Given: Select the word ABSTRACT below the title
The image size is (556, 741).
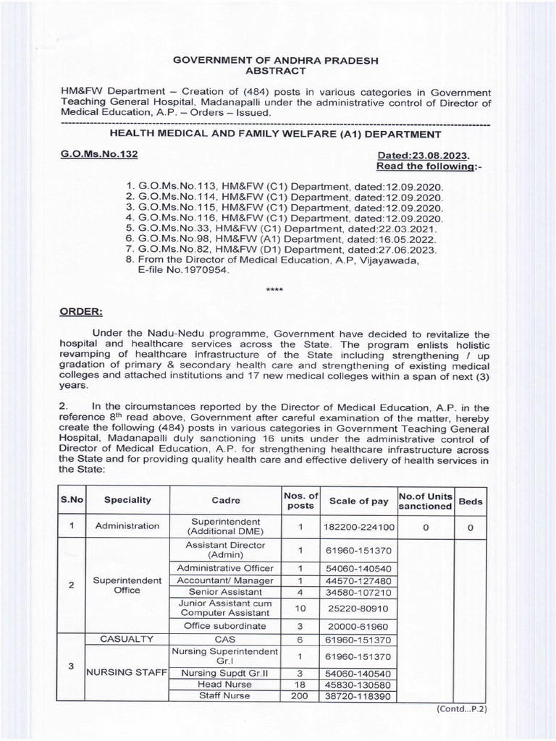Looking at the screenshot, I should click(x=277, y=71).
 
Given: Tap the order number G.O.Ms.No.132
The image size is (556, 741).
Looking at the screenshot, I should click(x=98, y=155).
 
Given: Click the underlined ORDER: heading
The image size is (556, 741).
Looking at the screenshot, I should click(x=81, y=312).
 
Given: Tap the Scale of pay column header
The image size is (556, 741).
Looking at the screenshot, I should click(x=358, y=500).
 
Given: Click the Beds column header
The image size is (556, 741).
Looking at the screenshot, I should click(x=471, y=500).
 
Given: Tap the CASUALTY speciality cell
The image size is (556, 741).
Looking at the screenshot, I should click(x=127, y=639).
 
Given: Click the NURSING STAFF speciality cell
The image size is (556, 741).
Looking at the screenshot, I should click(x=127, y=672).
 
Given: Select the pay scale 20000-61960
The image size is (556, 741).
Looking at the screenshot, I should click(x=358, y=625).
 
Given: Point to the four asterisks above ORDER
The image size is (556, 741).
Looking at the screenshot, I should click(x=274, y=289).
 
